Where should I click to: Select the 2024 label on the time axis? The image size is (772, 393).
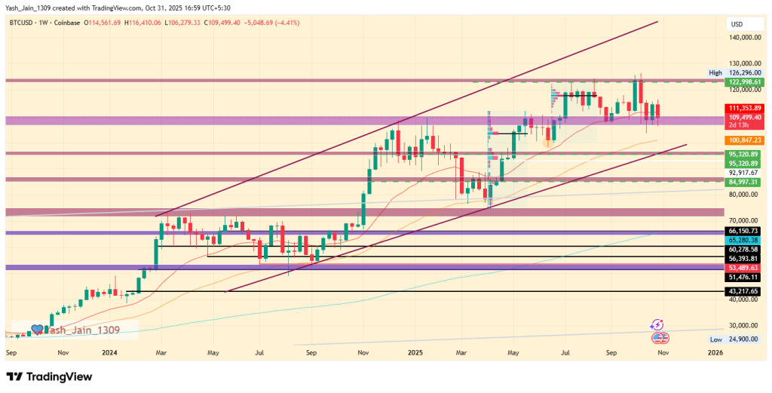(x=109, y=352)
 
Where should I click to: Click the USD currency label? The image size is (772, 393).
(x=737, y=24)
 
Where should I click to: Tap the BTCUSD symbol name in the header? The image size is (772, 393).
(x=23, y=23)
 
